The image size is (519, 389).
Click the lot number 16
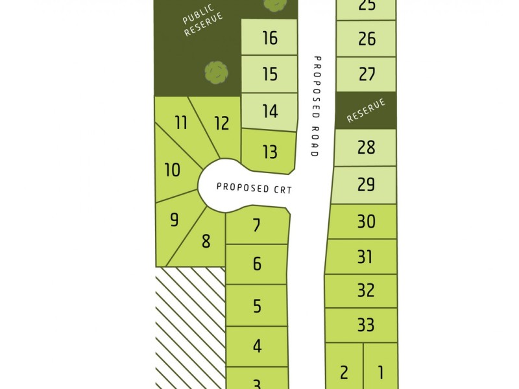click(x=270, y=38)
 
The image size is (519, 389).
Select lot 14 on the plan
click(x=270, y=111)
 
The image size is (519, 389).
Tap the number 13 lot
click(x=270, y=152)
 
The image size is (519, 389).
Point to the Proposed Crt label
click(x=255, y=188)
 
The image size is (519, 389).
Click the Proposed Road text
click(x=316, y=106)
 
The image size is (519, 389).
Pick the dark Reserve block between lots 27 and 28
click(x=366, y=110)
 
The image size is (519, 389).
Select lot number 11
click(x=181, y=122)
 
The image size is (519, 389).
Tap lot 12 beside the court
click(x=221, y=123)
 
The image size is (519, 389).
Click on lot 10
click(x=173, y=171)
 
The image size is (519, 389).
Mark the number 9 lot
click(x=174, y=220)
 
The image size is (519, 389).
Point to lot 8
click(x=206, y=242)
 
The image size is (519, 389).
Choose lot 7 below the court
click(x=257, y=226)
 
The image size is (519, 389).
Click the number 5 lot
click(x=257, y=305)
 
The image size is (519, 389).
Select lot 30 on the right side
click(x=366, y=222)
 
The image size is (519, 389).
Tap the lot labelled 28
click(x=366, y=147)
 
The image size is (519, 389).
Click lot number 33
click(x=366, y=324)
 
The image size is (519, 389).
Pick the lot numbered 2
click(x=344, y=372)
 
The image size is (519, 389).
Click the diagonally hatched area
click(x=189, y=327)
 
